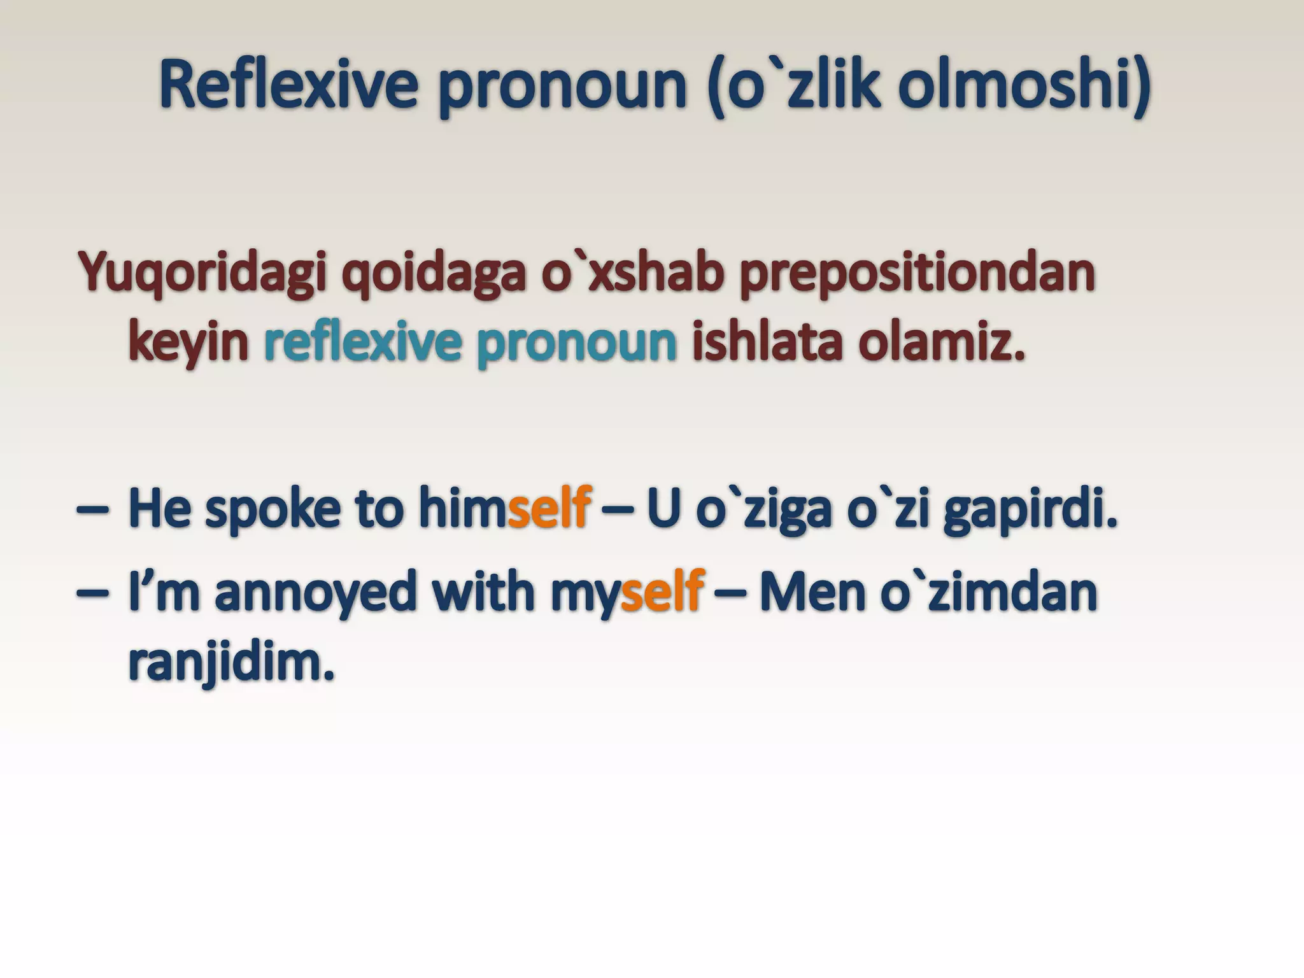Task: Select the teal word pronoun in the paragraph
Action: [576, 344]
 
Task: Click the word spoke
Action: [272, 508]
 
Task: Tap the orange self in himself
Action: [549, 508]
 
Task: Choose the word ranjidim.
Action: [230, 663]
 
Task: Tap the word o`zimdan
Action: [989, 592]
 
